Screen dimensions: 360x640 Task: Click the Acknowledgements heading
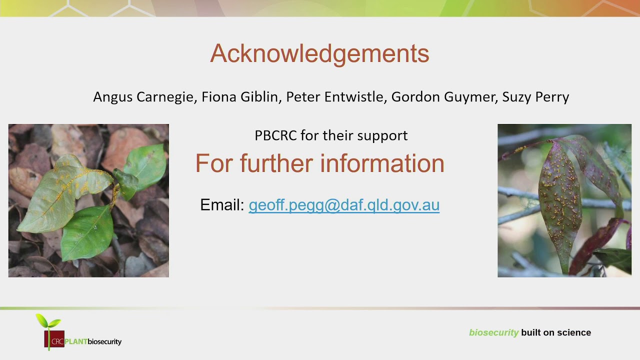tap(319, 53)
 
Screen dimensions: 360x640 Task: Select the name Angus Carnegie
tap(143, 97)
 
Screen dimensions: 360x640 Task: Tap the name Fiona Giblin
tap(239, 97)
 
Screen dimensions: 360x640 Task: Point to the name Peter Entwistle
tap(334, 97)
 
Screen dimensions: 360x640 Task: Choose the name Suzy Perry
tap(535, 97)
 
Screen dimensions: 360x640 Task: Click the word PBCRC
tap(275, 135)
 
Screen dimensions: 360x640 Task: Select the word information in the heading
tap(382, 163)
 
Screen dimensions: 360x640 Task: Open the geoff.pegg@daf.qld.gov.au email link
tap(344, 205)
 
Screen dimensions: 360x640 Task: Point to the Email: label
tap(222, 205)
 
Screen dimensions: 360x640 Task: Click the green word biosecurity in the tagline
tap(493, 333)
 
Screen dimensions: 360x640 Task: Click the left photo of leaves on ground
tap(88, 200)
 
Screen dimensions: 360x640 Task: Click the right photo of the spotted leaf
tap(564, 200)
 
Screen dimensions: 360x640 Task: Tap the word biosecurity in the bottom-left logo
tap(104, 342)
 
